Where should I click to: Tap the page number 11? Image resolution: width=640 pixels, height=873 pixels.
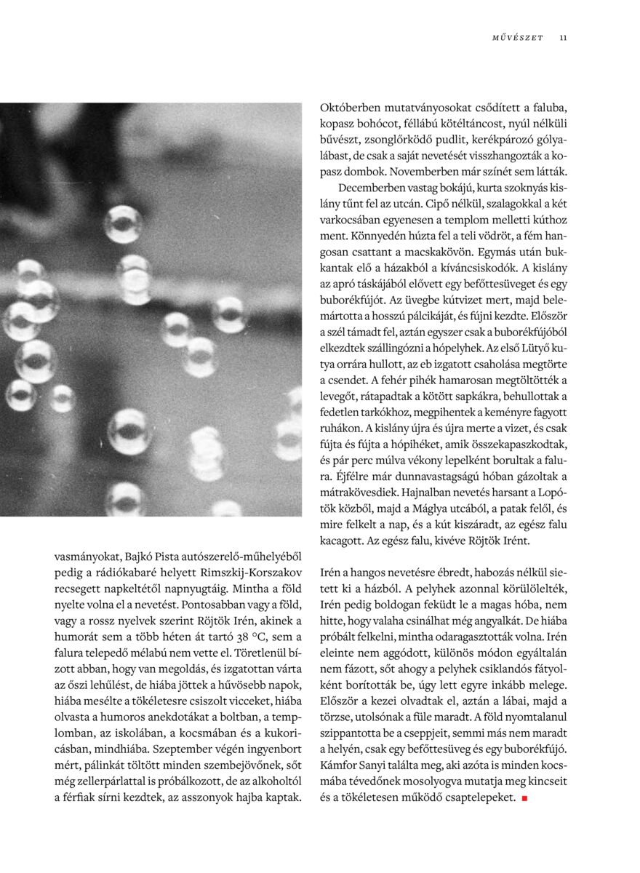(x=564, y=38)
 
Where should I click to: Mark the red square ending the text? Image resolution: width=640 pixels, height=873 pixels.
(x=524, y=798)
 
